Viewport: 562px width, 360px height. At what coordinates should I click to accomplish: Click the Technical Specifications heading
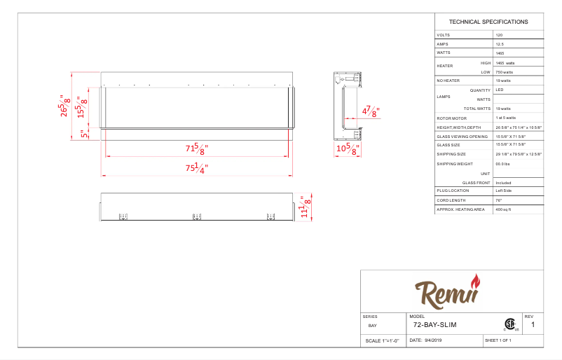tap(488, 22)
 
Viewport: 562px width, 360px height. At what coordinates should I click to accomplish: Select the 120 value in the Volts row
tap(499, 34)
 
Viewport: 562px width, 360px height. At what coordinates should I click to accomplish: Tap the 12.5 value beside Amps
tap(500, 43)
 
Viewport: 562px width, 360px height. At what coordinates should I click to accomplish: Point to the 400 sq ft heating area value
tap(503, 209)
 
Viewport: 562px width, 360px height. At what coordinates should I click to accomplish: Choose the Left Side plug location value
tap(504, 191)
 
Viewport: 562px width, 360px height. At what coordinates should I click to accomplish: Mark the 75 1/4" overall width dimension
tap(196, 167)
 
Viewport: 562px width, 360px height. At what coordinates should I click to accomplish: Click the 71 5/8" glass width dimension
tap(196, 148)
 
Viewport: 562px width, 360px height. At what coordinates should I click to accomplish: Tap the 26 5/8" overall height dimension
tap(66, 105)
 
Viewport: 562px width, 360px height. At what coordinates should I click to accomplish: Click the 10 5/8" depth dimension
tap(347, 148)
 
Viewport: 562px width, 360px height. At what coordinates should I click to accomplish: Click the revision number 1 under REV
tap(533, 325)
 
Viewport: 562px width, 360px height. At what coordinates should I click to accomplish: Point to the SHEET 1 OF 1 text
tap(498, 340)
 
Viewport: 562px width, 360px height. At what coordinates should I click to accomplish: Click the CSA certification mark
tap(509, 324)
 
